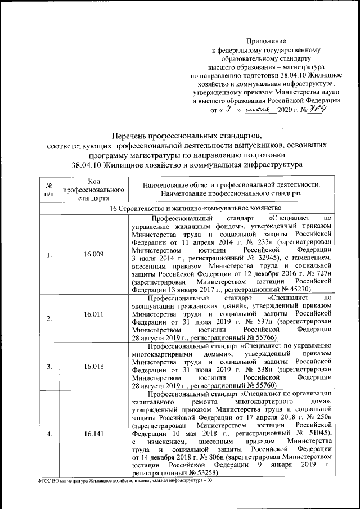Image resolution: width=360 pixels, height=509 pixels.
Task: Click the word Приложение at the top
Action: tap(267, 40)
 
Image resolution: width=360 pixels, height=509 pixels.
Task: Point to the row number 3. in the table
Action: tap(49, 367)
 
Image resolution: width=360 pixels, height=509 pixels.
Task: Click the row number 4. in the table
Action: tap(49, 434)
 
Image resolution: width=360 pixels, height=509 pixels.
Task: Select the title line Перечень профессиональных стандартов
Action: tap(186, 136)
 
